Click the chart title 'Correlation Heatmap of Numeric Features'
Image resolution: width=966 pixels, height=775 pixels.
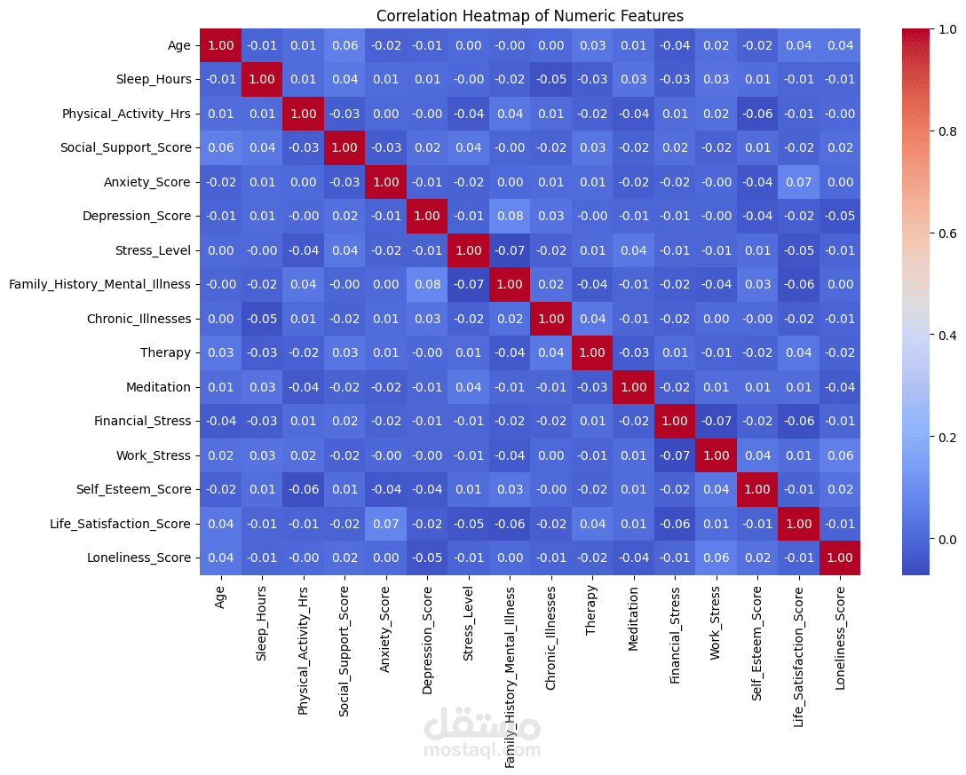[x=530, y=16]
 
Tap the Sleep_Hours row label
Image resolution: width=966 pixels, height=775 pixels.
[x=154, y=79]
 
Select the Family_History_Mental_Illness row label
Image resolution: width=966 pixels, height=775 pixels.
[x=99, y=284]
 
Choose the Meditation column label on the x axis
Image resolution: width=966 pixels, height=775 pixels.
[x=633, y=616]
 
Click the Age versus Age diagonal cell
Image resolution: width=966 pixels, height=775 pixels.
[x=220, y=45]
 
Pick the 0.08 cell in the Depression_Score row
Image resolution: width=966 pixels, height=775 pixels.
[x=509, y=216]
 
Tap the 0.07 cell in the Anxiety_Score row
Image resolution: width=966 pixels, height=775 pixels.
[x=798, y=182]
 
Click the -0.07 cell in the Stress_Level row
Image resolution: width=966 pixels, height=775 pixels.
[x=509, y=250]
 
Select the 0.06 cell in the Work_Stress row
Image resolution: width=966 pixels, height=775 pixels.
[x=839, y=455]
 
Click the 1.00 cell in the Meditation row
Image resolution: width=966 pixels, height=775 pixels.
[x=633, y=387]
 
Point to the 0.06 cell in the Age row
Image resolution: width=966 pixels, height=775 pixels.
[x=344, y=45]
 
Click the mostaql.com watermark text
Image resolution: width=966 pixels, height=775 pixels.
[x=482, y=750]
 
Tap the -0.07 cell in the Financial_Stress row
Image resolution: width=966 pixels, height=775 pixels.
[x=716, y=421]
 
